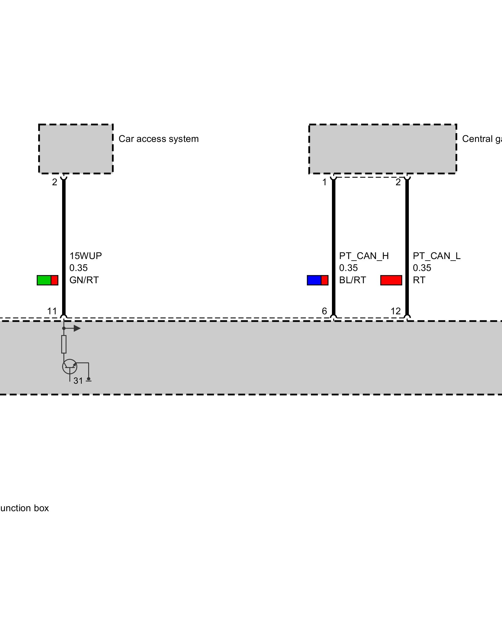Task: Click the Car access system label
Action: tap(158, 139)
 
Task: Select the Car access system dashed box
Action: tap(76, 149)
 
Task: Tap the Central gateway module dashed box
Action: tap(382, 149)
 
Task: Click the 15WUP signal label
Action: tap(86, 256)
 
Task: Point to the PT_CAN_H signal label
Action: tap(364, 256)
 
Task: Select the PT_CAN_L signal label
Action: tap(436, 256)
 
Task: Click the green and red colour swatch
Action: tap(47, 280)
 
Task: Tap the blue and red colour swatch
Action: tap(318, 280)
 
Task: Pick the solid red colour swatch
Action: tap(391, 280)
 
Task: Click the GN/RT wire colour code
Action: tap(84, 280)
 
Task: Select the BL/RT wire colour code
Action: tap(352, 280)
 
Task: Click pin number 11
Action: tap(52, 311)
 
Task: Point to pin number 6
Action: tap(324, 311)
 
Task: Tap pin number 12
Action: tap(396, 311)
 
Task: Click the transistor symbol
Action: tap(70, 366)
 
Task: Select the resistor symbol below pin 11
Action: tap(64, 344)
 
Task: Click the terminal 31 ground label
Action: tap(78, 381)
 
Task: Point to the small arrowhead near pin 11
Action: tap(77, 328)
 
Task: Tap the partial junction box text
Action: tap(24, 508)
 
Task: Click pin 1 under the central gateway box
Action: tap(324, 182)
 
